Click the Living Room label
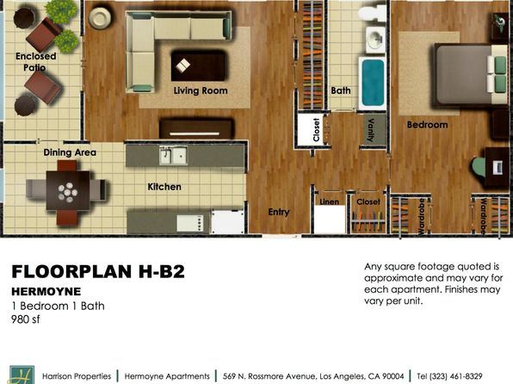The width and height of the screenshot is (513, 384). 201,90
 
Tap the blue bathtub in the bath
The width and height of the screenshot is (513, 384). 373,84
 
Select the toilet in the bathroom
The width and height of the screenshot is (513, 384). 373,14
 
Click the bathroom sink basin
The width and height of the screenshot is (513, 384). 375,40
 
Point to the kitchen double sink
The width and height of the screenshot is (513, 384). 173,156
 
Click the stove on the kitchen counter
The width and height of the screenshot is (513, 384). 190,223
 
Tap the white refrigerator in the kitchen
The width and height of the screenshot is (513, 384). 228,222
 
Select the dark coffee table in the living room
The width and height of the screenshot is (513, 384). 198,65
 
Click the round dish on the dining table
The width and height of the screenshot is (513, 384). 68,192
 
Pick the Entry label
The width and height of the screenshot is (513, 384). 279,212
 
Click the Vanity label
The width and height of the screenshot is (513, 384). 371,130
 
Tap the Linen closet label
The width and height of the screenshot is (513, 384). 329,201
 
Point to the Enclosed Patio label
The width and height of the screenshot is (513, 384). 35,62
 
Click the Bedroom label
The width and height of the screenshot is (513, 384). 427,125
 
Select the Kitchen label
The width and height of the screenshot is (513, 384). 164,187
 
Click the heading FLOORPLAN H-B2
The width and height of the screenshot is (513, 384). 98,271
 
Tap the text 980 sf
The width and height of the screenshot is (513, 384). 26,319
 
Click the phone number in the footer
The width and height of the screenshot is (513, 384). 449,376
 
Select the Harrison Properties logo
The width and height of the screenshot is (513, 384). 22,375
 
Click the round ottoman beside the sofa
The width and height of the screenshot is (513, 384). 100,18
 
